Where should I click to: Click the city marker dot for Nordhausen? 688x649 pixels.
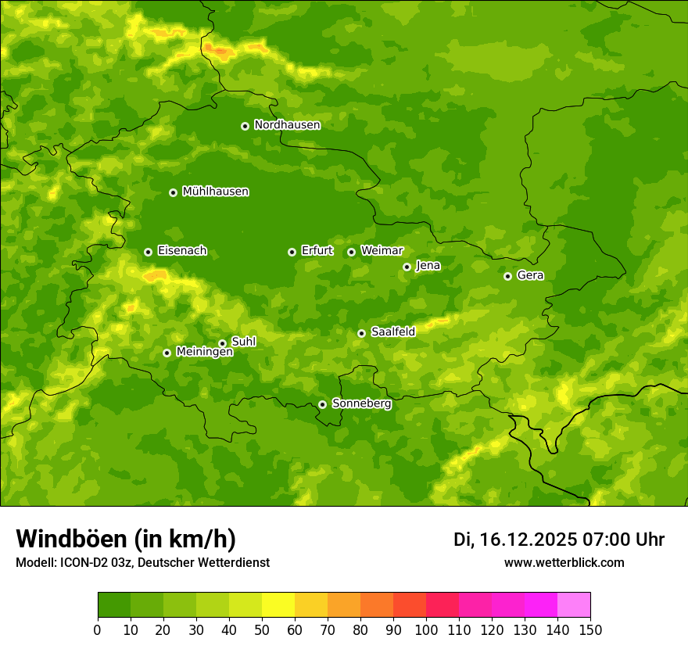pyautogui.click(x=245, y=126)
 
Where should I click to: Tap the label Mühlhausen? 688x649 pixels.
pyautogui.click(x=215, y=192)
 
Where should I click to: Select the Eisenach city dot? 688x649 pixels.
pyautogui.click(x=148, y=252)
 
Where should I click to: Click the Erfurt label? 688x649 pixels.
pyautogui.click(x=317, y=251)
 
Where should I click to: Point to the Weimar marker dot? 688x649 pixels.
pyautogui.click(x=351, y=252)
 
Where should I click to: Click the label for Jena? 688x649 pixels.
pyautogui.click(x=428, y=266)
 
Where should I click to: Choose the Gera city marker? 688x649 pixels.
pyautogui.click(x=507, y=276)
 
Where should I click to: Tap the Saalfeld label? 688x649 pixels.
pyautogui.click(x=392, y=332)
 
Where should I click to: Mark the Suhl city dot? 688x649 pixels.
pyautogui.click(x=222, y=343)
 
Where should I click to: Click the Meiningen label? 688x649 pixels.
pyautogui.click(x=204, y=352)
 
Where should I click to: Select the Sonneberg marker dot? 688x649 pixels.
pyautogui.click(x=322, y=404)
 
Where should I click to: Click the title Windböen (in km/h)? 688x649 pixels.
pyautogui.click(x=125, y=539)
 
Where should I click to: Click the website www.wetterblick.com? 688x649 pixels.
pyautogui.click(x=564, y=563)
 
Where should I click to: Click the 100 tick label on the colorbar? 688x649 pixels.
pyautogui.click(x=426, y=629)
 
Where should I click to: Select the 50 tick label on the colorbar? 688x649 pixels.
pyautogui.click(x=262, y=629)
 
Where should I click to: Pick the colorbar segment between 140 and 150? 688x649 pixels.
pyautogui.click(x=574, y=605)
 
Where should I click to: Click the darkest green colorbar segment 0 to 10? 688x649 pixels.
pyautogui.click(x=114, y=605)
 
